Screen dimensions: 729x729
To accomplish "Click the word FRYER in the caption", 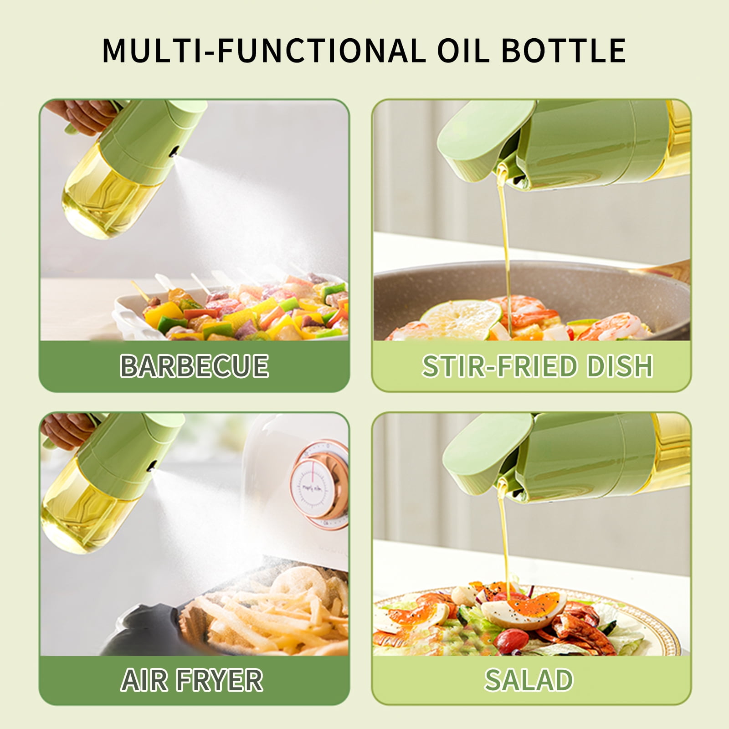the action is tap(221, 680).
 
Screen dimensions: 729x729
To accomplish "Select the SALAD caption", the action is tap(529, 680).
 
